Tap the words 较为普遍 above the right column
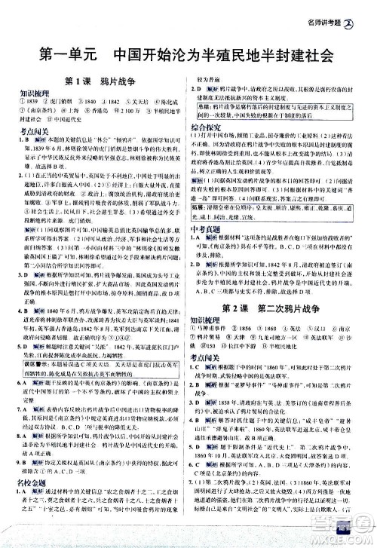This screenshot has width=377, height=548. (x=210, y=78)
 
